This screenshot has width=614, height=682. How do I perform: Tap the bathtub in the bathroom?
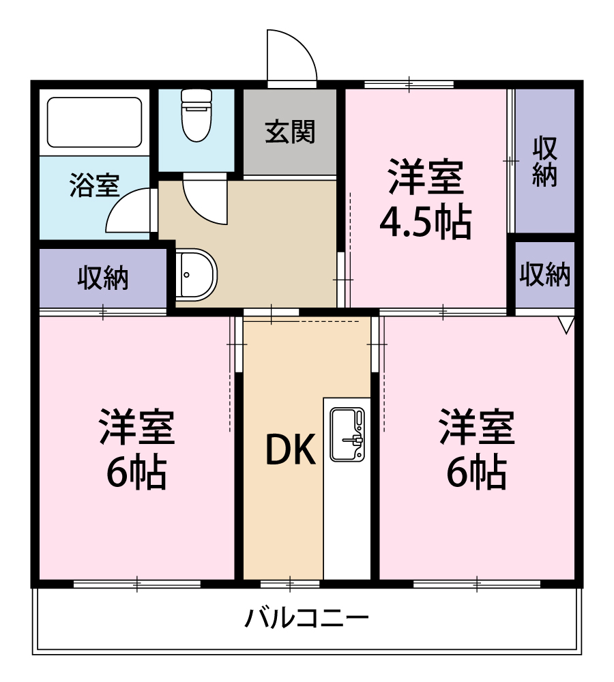click(x=94, y=122)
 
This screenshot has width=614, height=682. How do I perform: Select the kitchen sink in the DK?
click(x=347, y=434)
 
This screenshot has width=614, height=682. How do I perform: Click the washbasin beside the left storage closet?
click(x=195, y=273)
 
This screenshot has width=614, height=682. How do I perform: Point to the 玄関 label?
click(x=291, y=132)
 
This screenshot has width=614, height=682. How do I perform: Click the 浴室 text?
click(x=94, y=185)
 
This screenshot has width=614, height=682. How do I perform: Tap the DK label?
click(x=290, y=450)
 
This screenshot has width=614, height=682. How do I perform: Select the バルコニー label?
click(x=307, y=619)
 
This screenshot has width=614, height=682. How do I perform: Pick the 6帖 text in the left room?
click(x=136, y=471)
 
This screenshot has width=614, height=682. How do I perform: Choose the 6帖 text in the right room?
click(x=476, y=471)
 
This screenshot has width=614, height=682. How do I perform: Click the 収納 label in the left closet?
click(x=103, y=278)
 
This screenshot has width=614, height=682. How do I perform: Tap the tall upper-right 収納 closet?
click(x=544, y=161)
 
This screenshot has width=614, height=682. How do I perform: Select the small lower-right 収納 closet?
click(x=544, y=274)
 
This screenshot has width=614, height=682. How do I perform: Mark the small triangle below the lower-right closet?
click(x=566, y=325)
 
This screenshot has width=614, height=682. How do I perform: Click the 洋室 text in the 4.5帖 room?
click(x=426, y=177)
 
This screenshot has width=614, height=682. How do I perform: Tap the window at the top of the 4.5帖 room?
click(x=409, y=85)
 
